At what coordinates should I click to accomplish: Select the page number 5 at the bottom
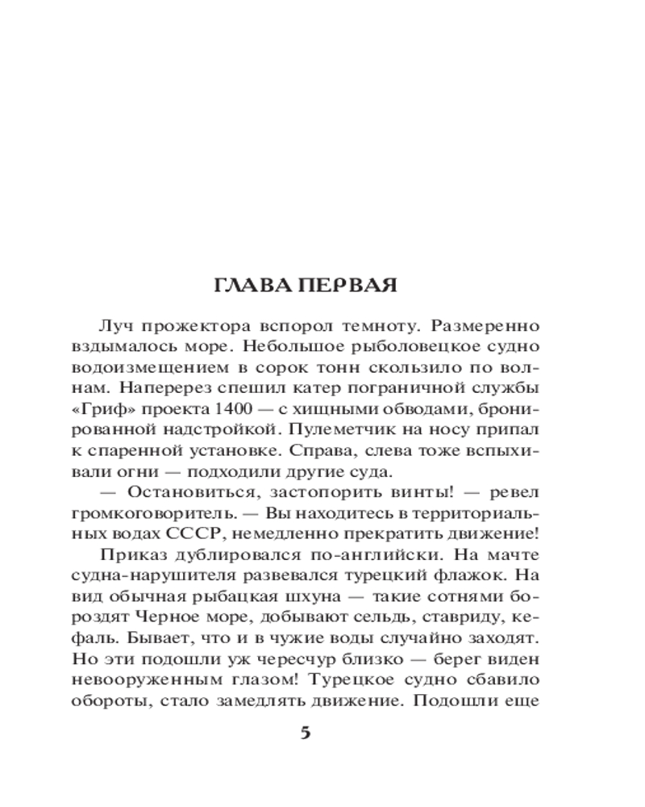(x=305, y=733)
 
